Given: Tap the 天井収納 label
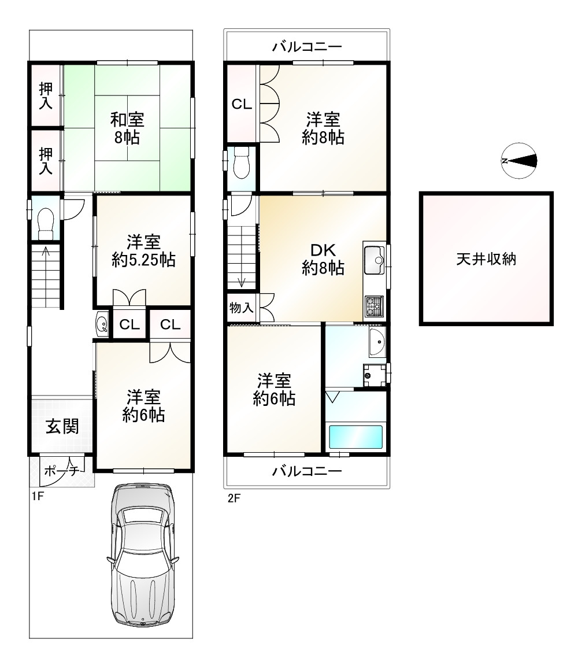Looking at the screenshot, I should coord(486,259).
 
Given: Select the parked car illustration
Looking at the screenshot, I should coord(141,555).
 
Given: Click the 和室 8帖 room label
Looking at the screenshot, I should coord(127,129).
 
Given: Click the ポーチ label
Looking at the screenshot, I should coord(61,471).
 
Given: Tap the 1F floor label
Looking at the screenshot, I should coord(37,496).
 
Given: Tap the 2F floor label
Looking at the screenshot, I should coord(233,498).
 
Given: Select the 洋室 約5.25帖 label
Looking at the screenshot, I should coord(143,250).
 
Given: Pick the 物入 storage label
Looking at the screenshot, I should coord(241,308).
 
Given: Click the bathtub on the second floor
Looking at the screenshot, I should coord(355,437).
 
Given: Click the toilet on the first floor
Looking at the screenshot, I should coord(45,223).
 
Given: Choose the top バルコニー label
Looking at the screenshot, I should coord(307,46).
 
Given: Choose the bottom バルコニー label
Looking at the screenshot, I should coord(307,471).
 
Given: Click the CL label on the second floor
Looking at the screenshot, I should coord(242,104).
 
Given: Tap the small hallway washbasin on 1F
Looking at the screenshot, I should coord(102,324).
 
